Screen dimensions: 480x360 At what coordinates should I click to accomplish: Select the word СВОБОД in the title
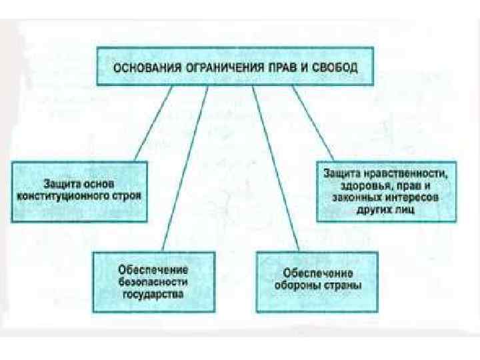[x=336, y=67]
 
